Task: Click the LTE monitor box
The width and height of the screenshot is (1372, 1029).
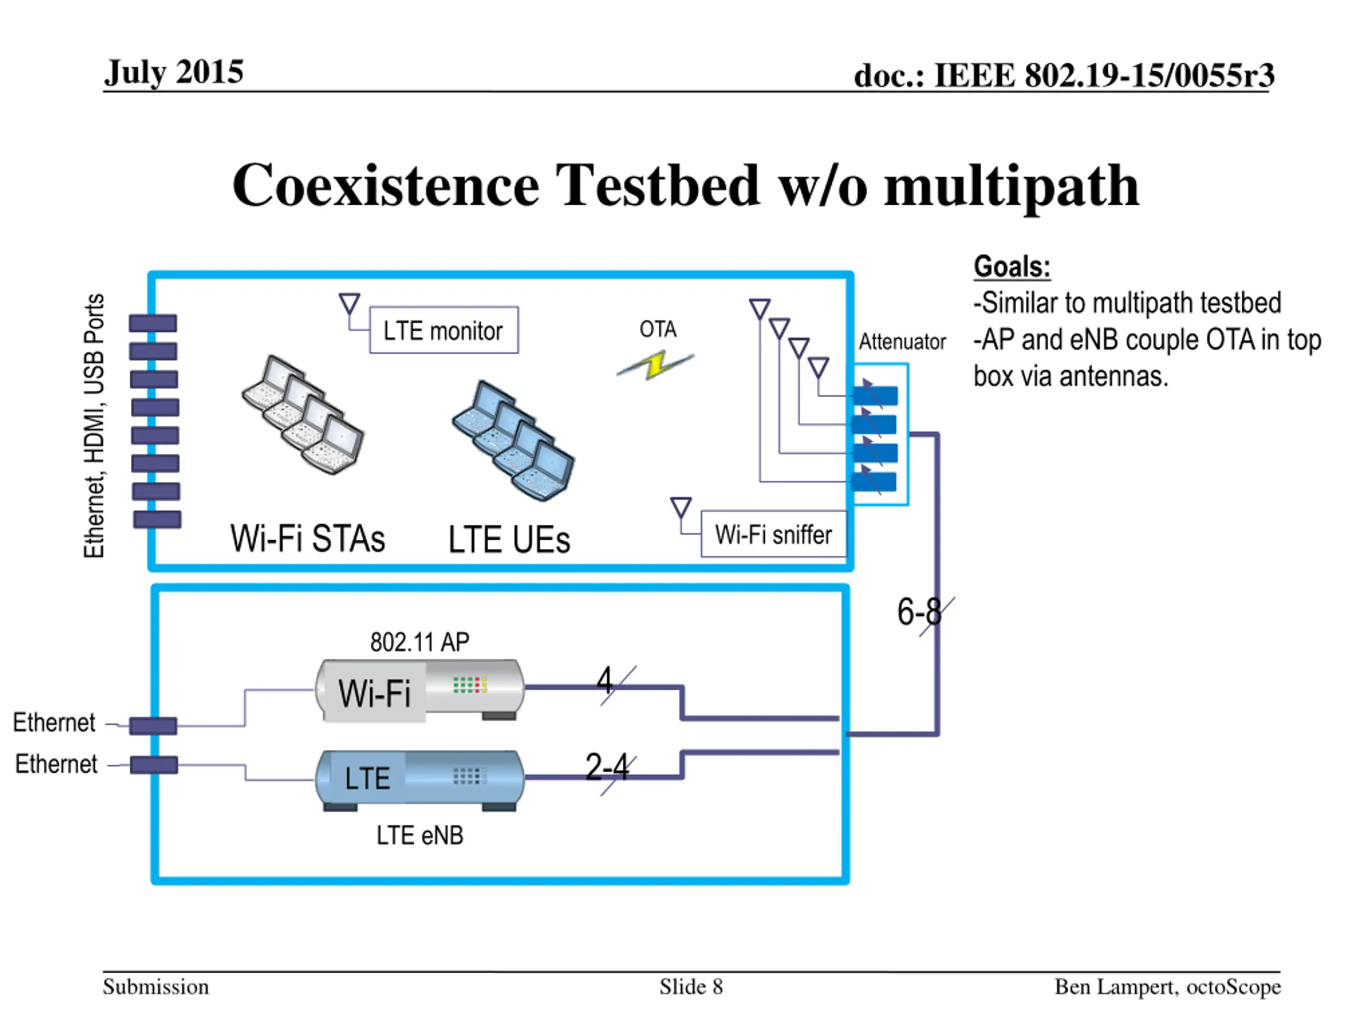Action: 443,330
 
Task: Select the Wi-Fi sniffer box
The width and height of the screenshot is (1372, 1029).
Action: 773,534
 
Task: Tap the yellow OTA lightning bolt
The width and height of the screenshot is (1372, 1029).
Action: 655,365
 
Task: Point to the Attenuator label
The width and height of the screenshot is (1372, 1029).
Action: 902,342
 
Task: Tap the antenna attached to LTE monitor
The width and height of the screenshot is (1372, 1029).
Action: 350,304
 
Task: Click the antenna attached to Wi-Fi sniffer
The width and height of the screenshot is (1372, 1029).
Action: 681,508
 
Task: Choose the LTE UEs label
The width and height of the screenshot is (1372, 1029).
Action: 509,539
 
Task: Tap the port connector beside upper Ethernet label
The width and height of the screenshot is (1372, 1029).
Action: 153,726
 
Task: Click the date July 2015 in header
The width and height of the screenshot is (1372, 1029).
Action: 174,72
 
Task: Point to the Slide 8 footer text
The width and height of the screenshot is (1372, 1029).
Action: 691,987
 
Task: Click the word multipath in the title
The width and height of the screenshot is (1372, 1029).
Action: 1012,187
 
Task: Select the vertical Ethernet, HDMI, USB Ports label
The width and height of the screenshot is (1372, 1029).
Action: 94,426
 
